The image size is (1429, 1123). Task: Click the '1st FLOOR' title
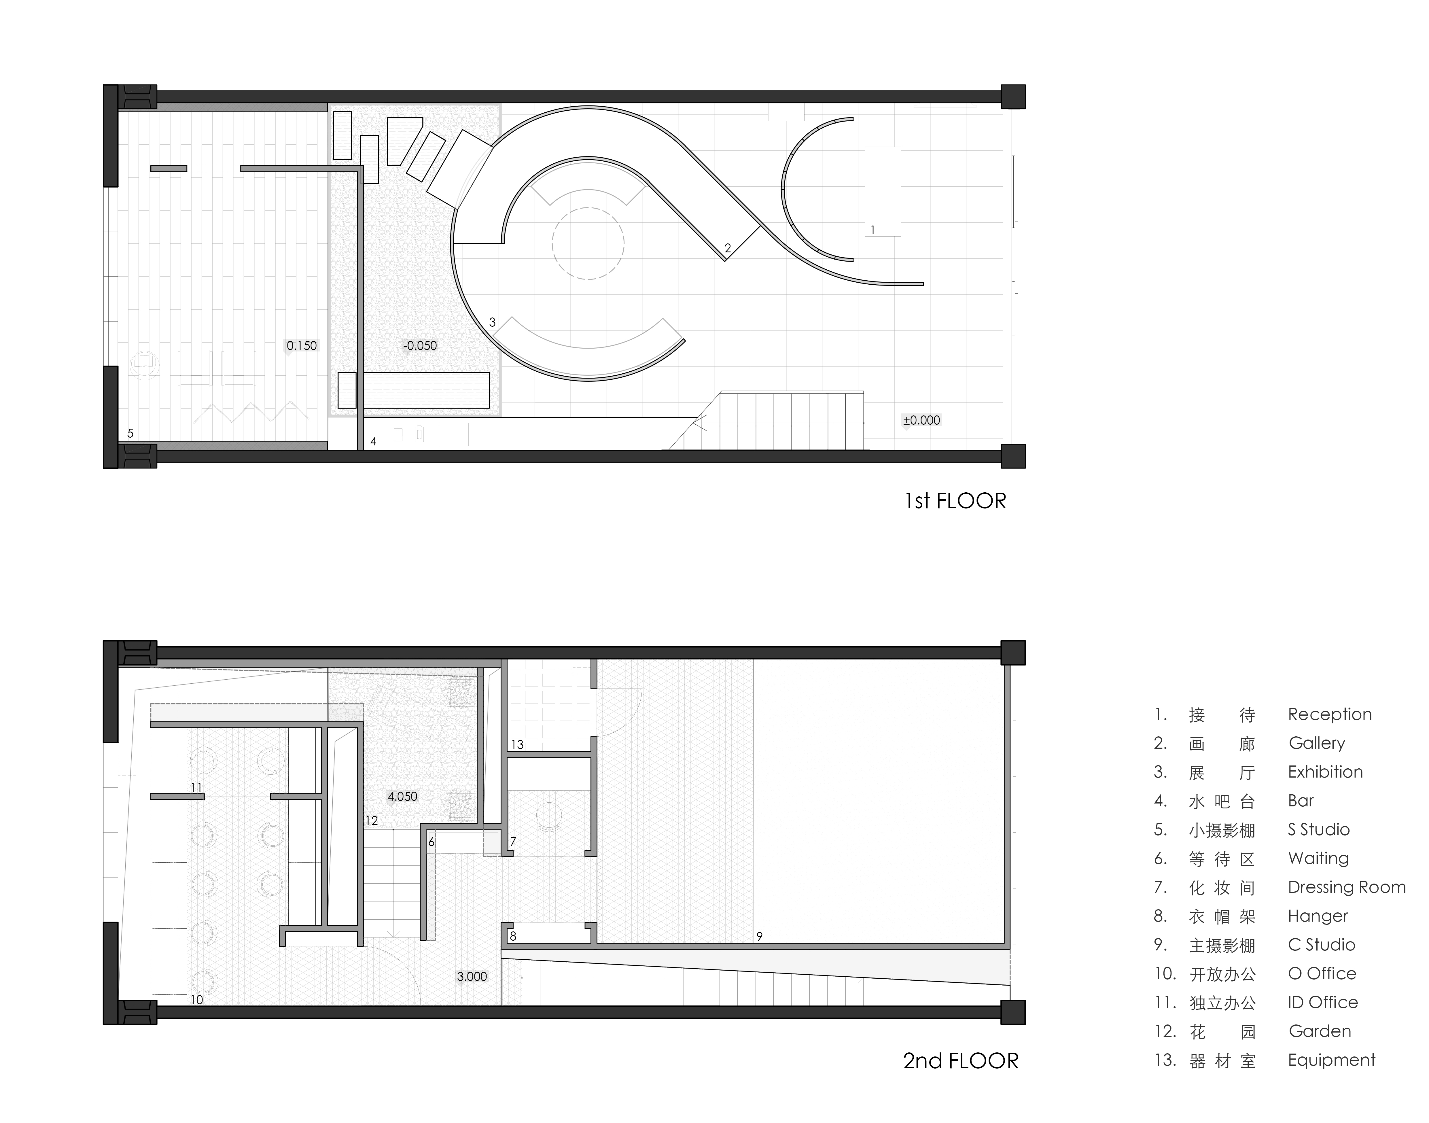click(955, 501)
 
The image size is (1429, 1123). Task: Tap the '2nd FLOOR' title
click(960, 1060)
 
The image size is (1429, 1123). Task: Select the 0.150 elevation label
click(302, 345)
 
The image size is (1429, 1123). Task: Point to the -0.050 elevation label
click(420, 345)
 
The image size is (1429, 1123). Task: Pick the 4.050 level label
click(402, 796)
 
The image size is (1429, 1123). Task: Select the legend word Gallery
click(1317, 744)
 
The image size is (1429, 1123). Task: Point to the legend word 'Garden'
click(1320, 1031)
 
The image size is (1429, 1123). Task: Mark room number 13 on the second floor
click(517, 744)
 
